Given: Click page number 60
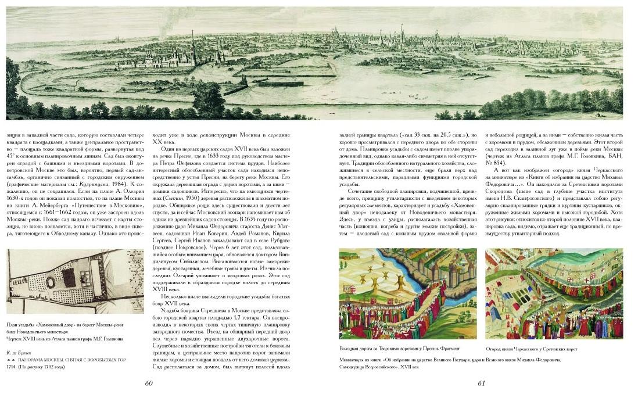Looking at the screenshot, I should [x=148, y=383].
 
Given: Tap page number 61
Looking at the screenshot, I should [x=481, y=383].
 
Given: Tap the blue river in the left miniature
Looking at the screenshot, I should [x=372, y=273].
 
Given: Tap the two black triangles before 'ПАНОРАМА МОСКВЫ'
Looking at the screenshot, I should [x=12, y=360].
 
